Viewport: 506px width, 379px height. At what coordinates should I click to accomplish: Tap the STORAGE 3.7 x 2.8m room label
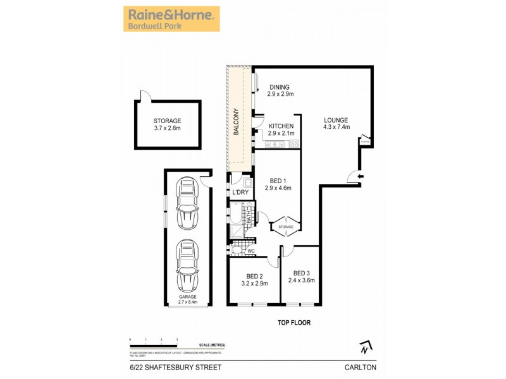pyautogui.click(x=167, y=124)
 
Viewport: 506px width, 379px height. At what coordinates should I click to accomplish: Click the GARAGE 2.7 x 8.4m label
pyautogui.click(x=187, y=299)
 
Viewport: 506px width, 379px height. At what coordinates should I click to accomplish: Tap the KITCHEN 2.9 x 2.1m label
pyautogui.click(x=281, y=130)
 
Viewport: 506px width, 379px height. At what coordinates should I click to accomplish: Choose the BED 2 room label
pyautogui.click(x=254, y=280)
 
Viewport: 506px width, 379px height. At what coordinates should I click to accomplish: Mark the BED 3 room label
pyautogui.click(x=301, y=276)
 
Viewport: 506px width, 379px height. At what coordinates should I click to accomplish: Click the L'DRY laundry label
pyautogui.click(x=240, y=192)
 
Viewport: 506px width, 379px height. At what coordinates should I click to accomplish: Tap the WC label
pyautogui.click(x=250, y=251)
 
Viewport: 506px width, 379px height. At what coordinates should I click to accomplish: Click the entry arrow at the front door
pyautogui.click(x=360, y=176)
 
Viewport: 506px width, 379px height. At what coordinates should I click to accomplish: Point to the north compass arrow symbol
pyautogui.click(x=364, y=347)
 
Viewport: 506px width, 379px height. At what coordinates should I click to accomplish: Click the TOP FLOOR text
pyautogui.click(x=294, y=322)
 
